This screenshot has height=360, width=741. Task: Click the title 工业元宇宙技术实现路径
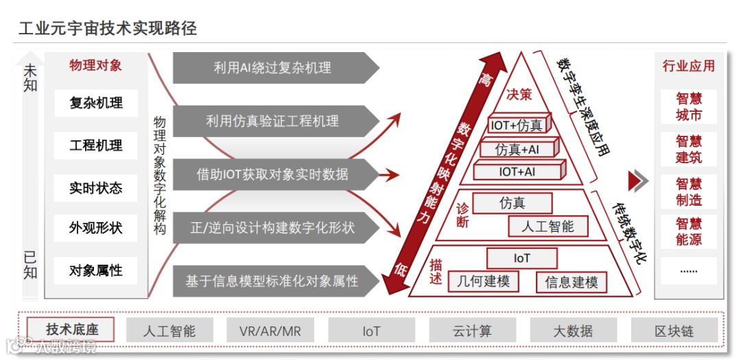point(108,28)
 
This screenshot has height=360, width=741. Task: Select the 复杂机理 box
point(96,104)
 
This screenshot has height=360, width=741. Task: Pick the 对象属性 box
point(96,271)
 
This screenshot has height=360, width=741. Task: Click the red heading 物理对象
point(95,66)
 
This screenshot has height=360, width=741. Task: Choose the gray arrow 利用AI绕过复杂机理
point(273,67)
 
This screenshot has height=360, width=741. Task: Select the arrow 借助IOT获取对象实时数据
point(273,174)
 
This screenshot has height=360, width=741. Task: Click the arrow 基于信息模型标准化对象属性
point(273,281)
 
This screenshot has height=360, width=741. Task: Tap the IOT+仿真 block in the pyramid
point(517,125)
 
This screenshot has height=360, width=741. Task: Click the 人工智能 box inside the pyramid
point(548,226)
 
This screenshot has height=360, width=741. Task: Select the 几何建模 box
point(484,281)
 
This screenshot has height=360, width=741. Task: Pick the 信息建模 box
point(572,282)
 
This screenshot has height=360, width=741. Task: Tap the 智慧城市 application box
point(689,107)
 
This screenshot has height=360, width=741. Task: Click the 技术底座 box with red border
point(71,330)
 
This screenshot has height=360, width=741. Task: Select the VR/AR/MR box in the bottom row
point(270,331)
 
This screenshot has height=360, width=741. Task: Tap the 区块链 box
point(674,331)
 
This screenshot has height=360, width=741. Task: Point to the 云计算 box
point(472,331)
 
